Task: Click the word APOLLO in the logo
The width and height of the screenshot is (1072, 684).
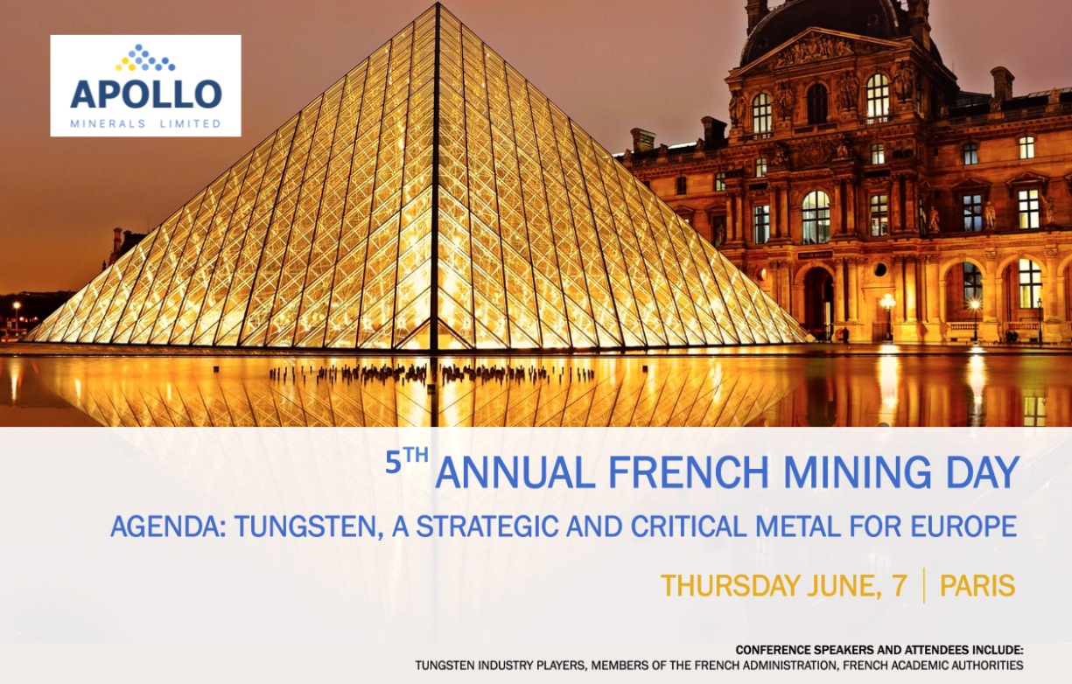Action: tap(146, 94)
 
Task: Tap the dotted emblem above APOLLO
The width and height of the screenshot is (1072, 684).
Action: tap(145, 58)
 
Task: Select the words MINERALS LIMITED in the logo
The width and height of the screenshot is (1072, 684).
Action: tap(145, 124)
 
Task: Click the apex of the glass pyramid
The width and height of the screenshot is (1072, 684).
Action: tap(437, 3)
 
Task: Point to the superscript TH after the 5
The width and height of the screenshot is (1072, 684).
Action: tap(415, 456)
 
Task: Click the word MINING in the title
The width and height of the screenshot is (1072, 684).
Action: tap(857, 472)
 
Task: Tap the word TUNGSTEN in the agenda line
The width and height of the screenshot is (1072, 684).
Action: tap(309, 527)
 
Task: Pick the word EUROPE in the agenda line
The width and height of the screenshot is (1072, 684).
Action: tap(963, 527)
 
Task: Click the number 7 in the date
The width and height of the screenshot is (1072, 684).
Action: tap(900, 586)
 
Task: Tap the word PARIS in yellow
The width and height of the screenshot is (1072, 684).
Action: tap(977, 586)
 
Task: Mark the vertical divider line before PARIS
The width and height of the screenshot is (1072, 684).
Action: tap(923, 586)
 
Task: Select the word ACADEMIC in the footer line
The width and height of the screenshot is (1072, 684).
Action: tap(927, 666)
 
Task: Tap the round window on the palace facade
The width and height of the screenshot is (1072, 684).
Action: tap(880, 269)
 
